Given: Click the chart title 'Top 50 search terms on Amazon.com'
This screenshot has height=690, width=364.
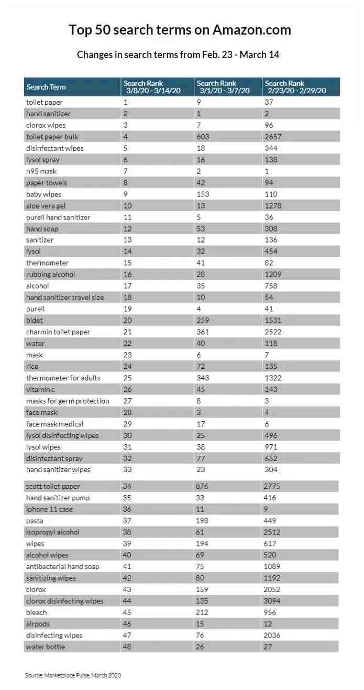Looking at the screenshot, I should [x=180, y=30].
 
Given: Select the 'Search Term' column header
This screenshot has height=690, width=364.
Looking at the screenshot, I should [x=46, y=87].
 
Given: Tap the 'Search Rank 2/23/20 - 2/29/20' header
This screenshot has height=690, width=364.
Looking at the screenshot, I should [x=295, y=87].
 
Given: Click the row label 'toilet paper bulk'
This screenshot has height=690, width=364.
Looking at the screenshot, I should [x=52, y=137].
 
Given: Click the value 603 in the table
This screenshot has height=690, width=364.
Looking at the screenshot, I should [x=203, y=137].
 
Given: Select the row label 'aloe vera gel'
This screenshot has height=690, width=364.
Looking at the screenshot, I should [x=46, y=206].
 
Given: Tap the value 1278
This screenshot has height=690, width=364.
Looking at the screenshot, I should [x=273, y=206].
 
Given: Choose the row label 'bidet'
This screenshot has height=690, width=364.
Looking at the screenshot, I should [x=35, y=320].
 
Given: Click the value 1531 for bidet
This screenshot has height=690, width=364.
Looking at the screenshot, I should [x=273, y=320].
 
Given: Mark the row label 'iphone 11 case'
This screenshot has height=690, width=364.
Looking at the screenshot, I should [x=50, y=509].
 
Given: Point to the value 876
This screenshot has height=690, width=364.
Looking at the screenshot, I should [x=203, y=486].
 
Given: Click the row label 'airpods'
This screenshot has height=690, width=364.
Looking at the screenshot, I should [x=38, y=624].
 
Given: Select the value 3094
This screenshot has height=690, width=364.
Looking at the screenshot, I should [x=273, y=601].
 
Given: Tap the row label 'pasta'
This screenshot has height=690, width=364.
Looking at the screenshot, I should [x=35, y=521].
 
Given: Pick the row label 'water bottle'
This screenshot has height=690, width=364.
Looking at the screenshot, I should [x=46, y=647].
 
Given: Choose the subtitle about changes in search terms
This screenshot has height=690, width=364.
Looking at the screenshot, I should [x=178, y=54].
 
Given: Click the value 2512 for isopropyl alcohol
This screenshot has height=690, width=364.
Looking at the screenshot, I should [x=272, y=532].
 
